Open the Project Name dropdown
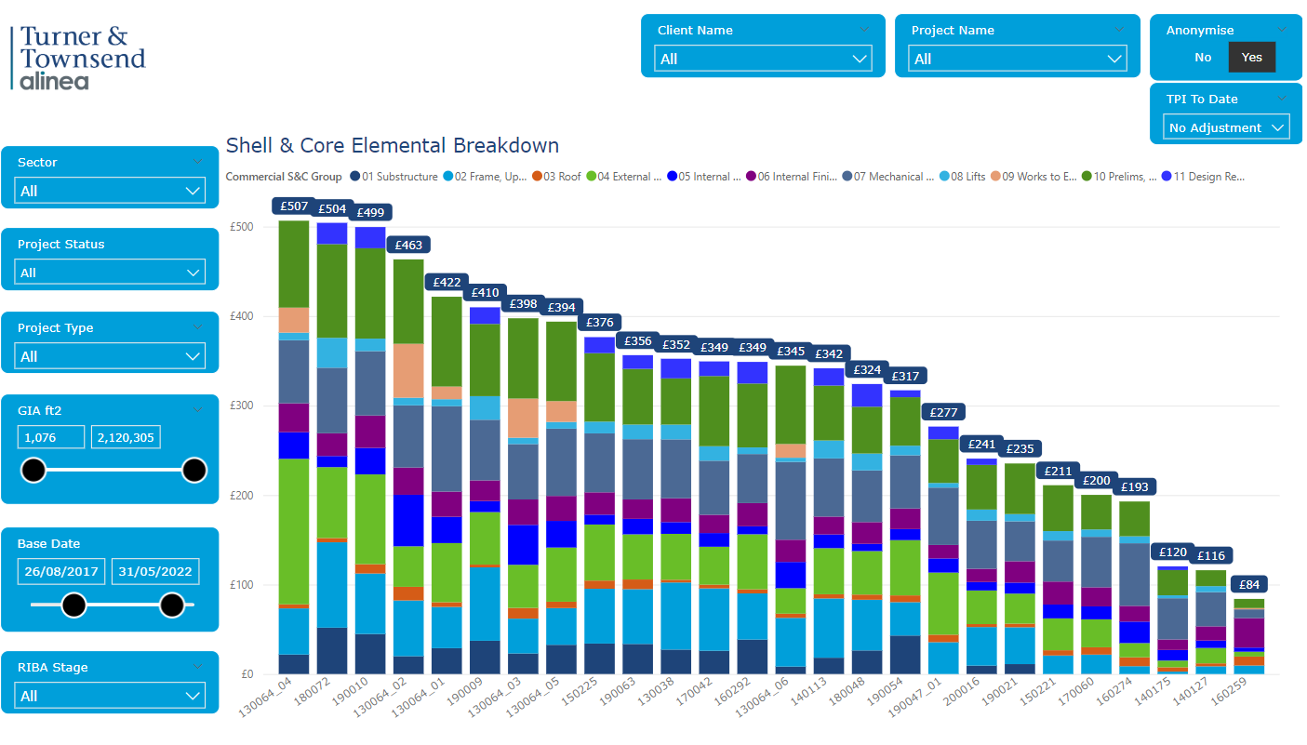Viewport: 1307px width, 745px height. point(1017,60)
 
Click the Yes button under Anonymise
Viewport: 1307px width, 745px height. point(1251,58)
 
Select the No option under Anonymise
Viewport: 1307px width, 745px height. point(1203,58)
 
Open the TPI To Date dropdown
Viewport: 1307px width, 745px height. point(1226,127)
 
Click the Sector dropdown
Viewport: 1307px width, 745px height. point(110,192)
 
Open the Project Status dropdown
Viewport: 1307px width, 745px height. point(110,273)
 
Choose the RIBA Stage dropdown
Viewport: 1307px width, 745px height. point(110,696)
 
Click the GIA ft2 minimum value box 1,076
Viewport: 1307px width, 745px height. point(50,437)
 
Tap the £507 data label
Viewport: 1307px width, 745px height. point(294,206)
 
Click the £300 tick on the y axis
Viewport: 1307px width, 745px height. point(240,406)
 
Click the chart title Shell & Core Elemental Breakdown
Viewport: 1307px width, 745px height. point(392,146)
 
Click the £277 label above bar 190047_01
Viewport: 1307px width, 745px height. point(943,412)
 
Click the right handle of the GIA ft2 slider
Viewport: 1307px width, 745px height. point(193,471)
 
